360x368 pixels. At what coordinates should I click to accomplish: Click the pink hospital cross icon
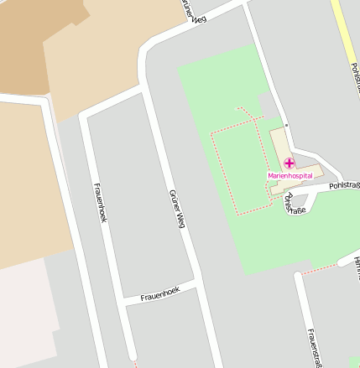[289, 163]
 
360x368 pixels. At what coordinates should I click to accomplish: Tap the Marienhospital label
[290, 175]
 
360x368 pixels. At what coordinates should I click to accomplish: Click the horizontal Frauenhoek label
[160, 292]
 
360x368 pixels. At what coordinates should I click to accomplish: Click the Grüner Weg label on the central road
[175, 209]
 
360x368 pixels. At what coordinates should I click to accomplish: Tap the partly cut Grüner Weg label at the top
[192, 8]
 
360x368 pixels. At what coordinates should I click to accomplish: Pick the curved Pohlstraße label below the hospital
[295, 204]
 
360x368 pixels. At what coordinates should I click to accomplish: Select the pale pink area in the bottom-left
[25, 319]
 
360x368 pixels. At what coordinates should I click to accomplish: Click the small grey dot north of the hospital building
[285, 125]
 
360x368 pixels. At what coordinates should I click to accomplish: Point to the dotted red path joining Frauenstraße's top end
[319, 270]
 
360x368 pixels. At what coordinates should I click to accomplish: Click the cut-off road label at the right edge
[356, 268]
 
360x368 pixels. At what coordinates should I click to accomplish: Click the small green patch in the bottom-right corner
[354, 363]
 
